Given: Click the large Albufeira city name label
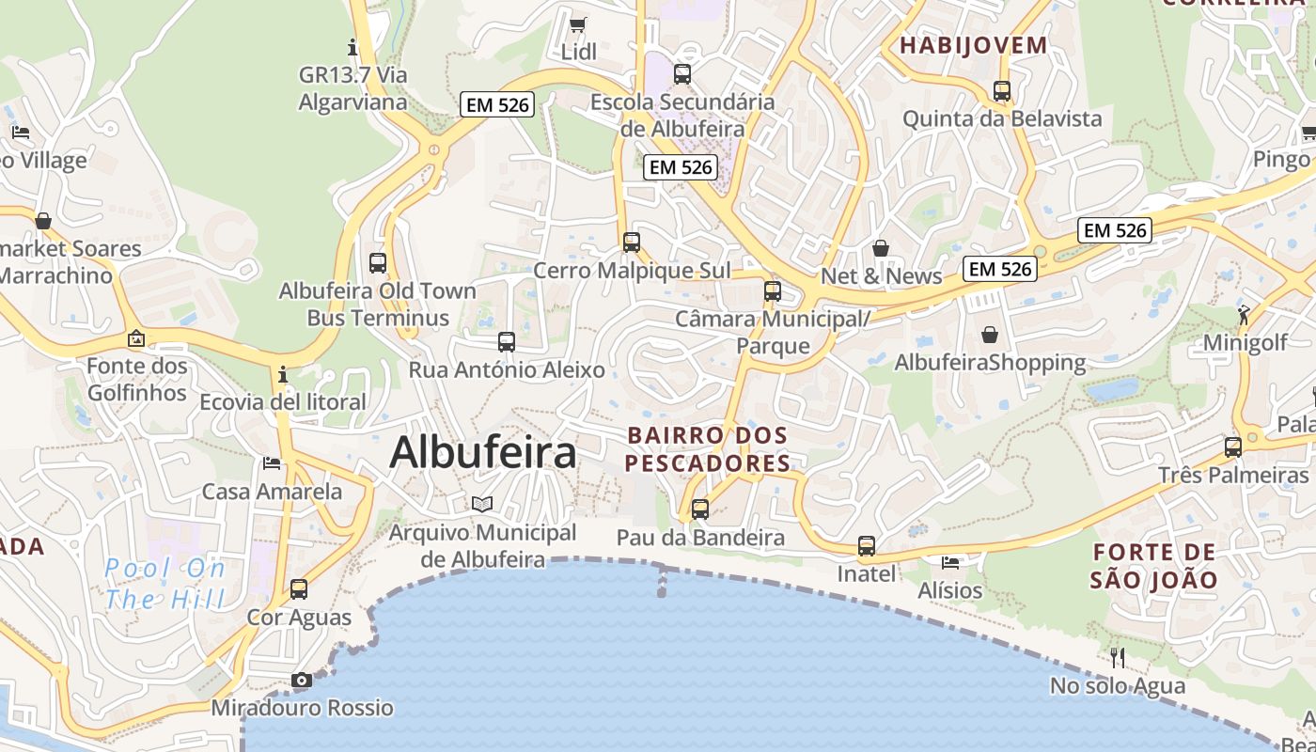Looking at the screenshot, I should tap(482, 453).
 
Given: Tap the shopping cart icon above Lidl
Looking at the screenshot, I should tap(578, 24).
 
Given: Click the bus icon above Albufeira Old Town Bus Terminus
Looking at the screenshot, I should tap(378, 263).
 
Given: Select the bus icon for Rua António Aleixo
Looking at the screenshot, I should tap(507, 342).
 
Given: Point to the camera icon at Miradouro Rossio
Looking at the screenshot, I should tap(302, 680).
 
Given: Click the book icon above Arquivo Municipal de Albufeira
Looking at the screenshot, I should tap(482, 505).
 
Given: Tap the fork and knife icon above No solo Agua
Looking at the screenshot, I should tap(1118, 657).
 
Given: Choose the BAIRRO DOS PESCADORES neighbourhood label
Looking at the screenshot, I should tap(707, 449).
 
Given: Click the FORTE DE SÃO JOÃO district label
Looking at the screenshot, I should tap(1154, 566).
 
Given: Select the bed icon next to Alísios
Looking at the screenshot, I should tap(950, 563).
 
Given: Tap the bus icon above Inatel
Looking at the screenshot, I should tap(867, 546).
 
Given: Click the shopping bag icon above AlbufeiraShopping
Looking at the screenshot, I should tap(990, 335).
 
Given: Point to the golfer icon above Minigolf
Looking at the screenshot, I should tap(1245, 315).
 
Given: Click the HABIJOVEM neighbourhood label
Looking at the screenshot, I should tap(974, 45).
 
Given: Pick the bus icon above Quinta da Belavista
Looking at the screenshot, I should tap(1002, 91).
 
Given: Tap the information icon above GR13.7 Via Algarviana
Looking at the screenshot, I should tap(353, 47).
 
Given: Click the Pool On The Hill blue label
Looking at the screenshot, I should tap(165, 584).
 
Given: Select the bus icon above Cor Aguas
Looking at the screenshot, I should tap(299, 589).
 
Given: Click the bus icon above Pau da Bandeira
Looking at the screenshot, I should tap(700, 509).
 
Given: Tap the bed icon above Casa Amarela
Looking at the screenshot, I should tap(272, 462).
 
